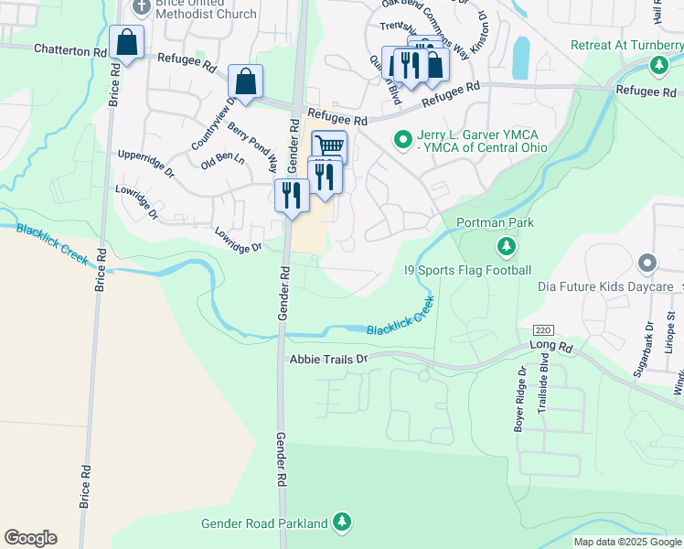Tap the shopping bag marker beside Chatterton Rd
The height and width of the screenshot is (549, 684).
click(126, 42)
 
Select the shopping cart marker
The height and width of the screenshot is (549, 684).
click(329, 145)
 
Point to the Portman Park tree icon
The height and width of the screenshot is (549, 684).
click(507, 246)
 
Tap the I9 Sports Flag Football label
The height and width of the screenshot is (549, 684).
click(467, 270)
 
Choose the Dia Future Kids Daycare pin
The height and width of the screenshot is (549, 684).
click(647, 264)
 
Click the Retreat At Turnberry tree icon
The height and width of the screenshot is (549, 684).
click(658, 65)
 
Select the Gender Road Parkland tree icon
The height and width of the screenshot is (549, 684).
click(341, 522)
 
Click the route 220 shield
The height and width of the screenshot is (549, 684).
click(543, 329)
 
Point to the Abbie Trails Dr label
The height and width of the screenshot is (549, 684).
click(326, 360)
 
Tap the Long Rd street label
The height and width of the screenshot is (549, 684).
click(550, 347)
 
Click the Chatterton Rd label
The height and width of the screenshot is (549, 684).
click(70, 50)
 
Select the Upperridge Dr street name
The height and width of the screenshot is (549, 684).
click(145, 165)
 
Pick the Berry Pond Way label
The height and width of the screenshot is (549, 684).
click(253, 146)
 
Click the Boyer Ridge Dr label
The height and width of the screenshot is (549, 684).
click(520, 399)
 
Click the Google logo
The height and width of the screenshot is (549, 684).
click(30, 538)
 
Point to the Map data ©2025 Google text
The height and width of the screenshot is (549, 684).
click(627, 542)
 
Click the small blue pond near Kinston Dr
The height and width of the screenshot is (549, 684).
click(520, 58)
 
